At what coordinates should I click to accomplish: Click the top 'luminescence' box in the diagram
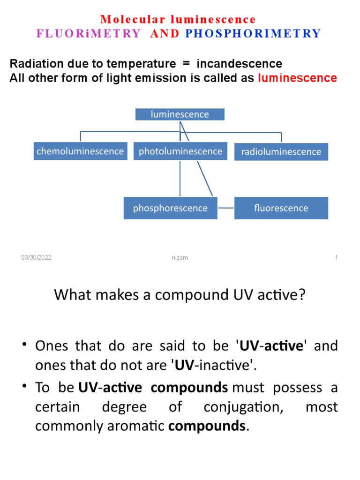tap(180, 114)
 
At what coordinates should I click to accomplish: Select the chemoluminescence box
tap(80, 151)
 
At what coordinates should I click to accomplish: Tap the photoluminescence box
tap(180, 151)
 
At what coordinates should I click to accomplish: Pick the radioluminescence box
tap(281, 152)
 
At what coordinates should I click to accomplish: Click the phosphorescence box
tap(170, 208)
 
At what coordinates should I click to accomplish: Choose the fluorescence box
tap(281, 208)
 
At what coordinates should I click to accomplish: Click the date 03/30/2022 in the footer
tap(36, 258)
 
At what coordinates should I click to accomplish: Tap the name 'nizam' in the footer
tap(180, 258)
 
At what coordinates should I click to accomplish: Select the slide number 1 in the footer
tap(336, 258)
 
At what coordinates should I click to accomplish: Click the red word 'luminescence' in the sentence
tap(297, 78)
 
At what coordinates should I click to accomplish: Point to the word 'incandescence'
tap(239, 64)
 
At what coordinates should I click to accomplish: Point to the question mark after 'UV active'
tap(301, 296)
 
